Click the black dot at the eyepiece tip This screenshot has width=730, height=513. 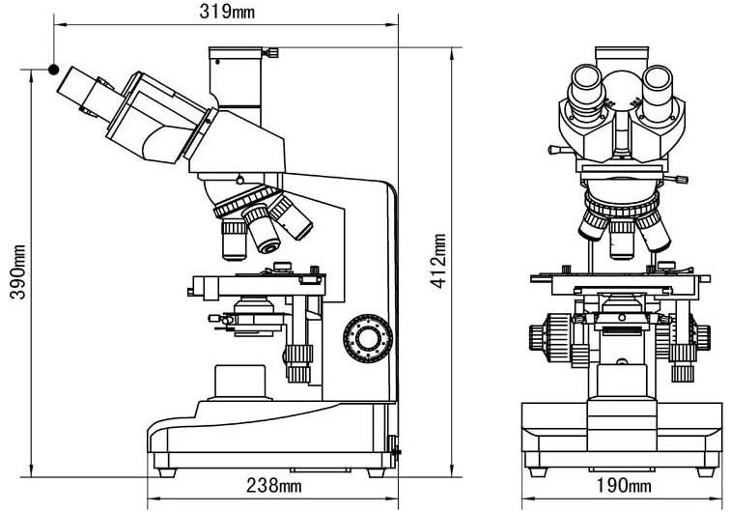(x=54, y=70)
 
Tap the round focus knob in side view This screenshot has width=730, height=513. (x=368, y=337)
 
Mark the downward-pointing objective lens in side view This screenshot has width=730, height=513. (x=235, y=240)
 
